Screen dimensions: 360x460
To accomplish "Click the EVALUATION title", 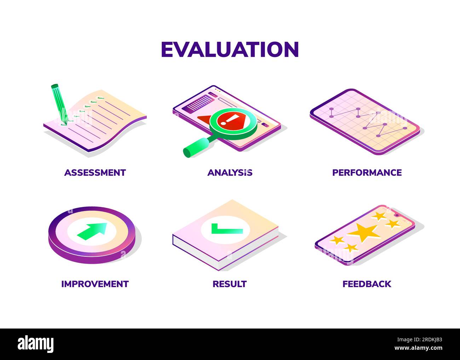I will tap(230, 49).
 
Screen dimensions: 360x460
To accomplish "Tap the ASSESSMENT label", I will tap(95, 173).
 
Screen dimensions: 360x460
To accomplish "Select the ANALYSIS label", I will tap(230, 173).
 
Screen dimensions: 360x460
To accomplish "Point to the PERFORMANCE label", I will tap(367, 173).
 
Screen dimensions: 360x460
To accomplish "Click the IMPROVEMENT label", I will tap(95, 284).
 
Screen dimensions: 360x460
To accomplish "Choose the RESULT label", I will tap(229, 284).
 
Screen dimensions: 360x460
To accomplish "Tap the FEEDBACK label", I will tap(367, 284).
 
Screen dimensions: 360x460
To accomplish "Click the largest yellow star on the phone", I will tap(364, 233).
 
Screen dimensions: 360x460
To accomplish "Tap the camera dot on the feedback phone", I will tap(397, 215).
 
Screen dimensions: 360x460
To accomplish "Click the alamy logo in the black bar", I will tap(36, 344).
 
